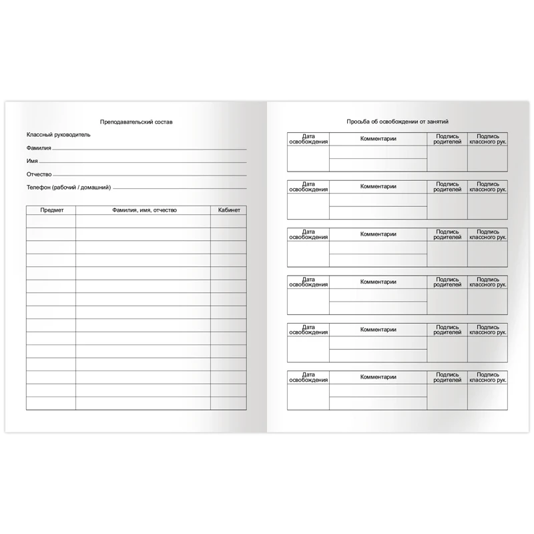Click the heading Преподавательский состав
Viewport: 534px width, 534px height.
tap(136, 123)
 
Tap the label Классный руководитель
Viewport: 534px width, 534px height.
tap(59, 135)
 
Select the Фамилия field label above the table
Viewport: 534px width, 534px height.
tap(39, 148)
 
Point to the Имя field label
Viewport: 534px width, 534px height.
tap(32, 161)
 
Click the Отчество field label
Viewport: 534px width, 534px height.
tap(39, 174)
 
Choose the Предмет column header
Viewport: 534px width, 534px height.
tap(51, 210)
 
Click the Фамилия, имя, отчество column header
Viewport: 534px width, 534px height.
tap(143, 210)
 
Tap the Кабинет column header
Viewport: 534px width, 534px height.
tap(229, 210)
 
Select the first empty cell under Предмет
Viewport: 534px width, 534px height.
tap(51, 221)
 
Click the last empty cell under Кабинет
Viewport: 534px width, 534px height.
tap(229, 403)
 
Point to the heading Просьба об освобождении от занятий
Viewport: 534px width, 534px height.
tap(397, 122)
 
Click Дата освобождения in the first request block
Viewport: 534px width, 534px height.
tap(308, 139)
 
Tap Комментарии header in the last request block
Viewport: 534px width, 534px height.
tap(378, 377)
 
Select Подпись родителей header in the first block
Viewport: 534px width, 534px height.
tap(447, 139)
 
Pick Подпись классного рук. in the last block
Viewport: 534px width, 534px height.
tap(487, 376)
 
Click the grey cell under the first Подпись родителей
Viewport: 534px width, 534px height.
tap(447, 159)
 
